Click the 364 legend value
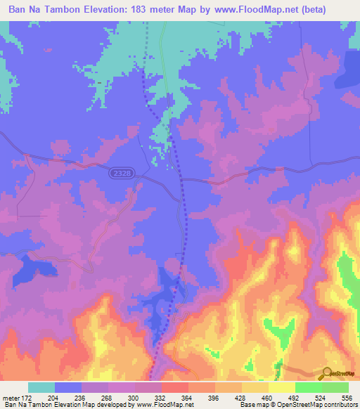[x=188, y=397]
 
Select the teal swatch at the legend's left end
[x=41, y=387]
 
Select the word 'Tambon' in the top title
[x=60, y=9]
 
